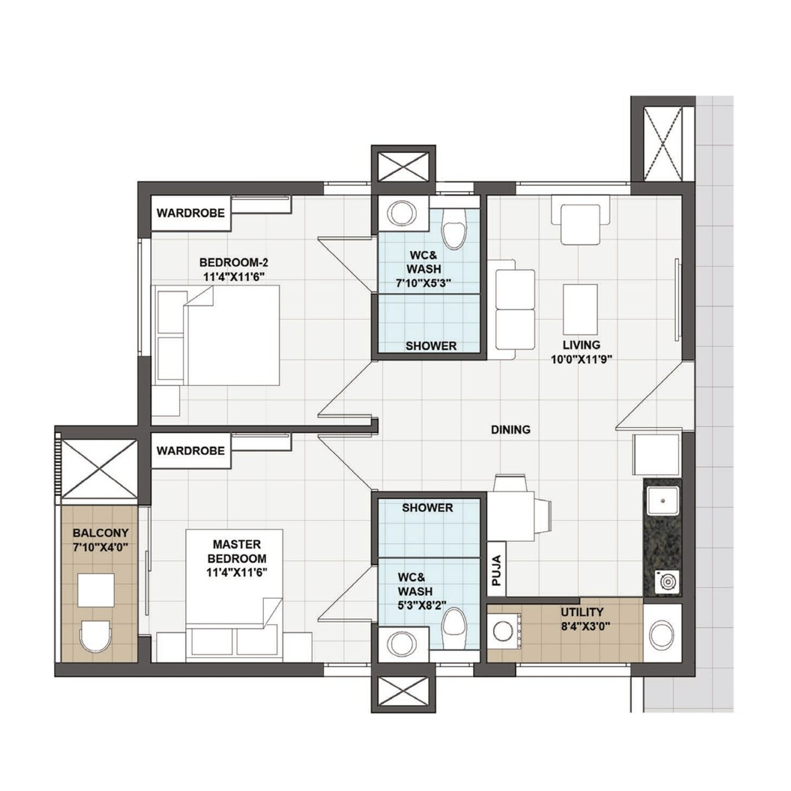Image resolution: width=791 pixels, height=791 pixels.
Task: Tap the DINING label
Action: (x=511, y=429)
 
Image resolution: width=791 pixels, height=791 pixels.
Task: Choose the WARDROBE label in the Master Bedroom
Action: (x=191, y=451)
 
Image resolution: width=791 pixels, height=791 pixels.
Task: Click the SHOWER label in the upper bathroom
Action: (x=431, y=346)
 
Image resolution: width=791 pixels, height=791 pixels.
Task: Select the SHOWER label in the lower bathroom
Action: (x=427, y=508)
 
